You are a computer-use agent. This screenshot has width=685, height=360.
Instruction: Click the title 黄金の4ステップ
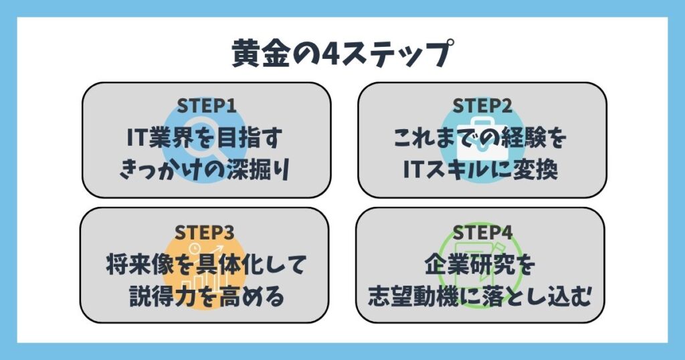tap(342, 54)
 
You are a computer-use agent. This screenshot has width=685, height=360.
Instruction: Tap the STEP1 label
tap(207, 106)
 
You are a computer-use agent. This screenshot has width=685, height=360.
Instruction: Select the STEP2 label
tap(482, 106)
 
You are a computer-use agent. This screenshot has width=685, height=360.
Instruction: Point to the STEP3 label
tap(205, 232)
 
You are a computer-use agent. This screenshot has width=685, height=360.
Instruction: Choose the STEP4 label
tap(482, 232)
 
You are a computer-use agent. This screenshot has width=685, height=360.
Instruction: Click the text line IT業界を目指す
tap(205, 138)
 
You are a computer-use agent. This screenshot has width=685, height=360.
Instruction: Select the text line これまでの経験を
tap(480, 138)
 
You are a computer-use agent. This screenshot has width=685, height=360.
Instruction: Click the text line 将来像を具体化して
tap(206, 265)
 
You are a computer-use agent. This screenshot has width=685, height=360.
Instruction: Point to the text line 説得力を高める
tap(207, 296)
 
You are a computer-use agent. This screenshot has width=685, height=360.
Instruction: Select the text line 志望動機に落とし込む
tap(479, 296)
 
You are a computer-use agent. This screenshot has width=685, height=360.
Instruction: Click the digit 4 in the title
tap(329, 54)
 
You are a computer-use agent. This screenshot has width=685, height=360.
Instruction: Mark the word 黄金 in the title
tap(261, 54)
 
